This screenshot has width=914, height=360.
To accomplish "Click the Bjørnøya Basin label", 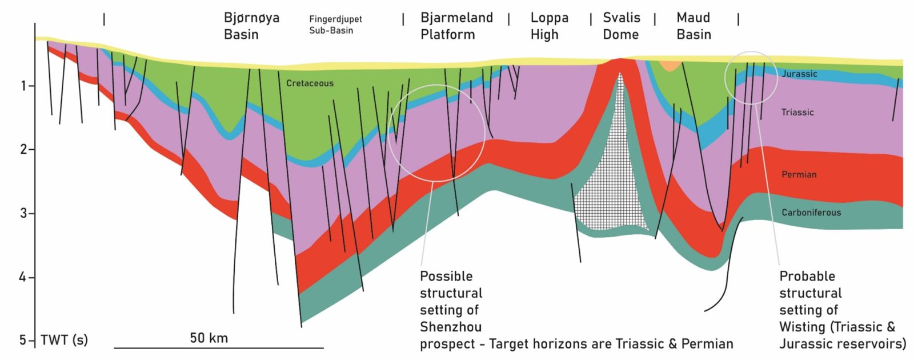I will click(x=251, y=26).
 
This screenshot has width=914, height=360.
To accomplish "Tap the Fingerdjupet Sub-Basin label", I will click(x=335, y=25).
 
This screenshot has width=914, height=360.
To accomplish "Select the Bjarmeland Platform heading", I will click(x=456, y=26).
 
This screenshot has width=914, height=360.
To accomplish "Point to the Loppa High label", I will click(x=549, y=26).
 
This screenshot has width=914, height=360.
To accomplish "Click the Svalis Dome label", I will click(x=622, y=26).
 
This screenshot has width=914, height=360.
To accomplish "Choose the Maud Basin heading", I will click(x=693, y=26).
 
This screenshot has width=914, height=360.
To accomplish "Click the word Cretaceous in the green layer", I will click(x=310, y=83).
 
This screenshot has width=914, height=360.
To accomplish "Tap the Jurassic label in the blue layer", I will click(x=799, y=74).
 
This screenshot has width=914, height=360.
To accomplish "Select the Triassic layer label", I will click(x=797, y=113).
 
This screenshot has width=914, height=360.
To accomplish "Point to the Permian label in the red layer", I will click(x=799, y=174).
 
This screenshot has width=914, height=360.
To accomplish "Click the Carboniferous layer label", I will click(x=811, y=213).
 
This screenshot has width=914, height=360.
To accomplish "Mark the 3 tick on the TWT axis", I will click(x=24, y=213).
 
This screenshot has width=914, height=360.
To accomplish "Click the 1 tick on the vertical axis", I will click(x=24, y=86).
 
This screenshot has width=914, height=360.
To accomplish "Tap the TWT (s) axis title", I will click(x=64, y=340).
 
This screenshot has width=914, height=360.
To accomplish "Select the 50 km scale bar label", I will click(x=209, y=338).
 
